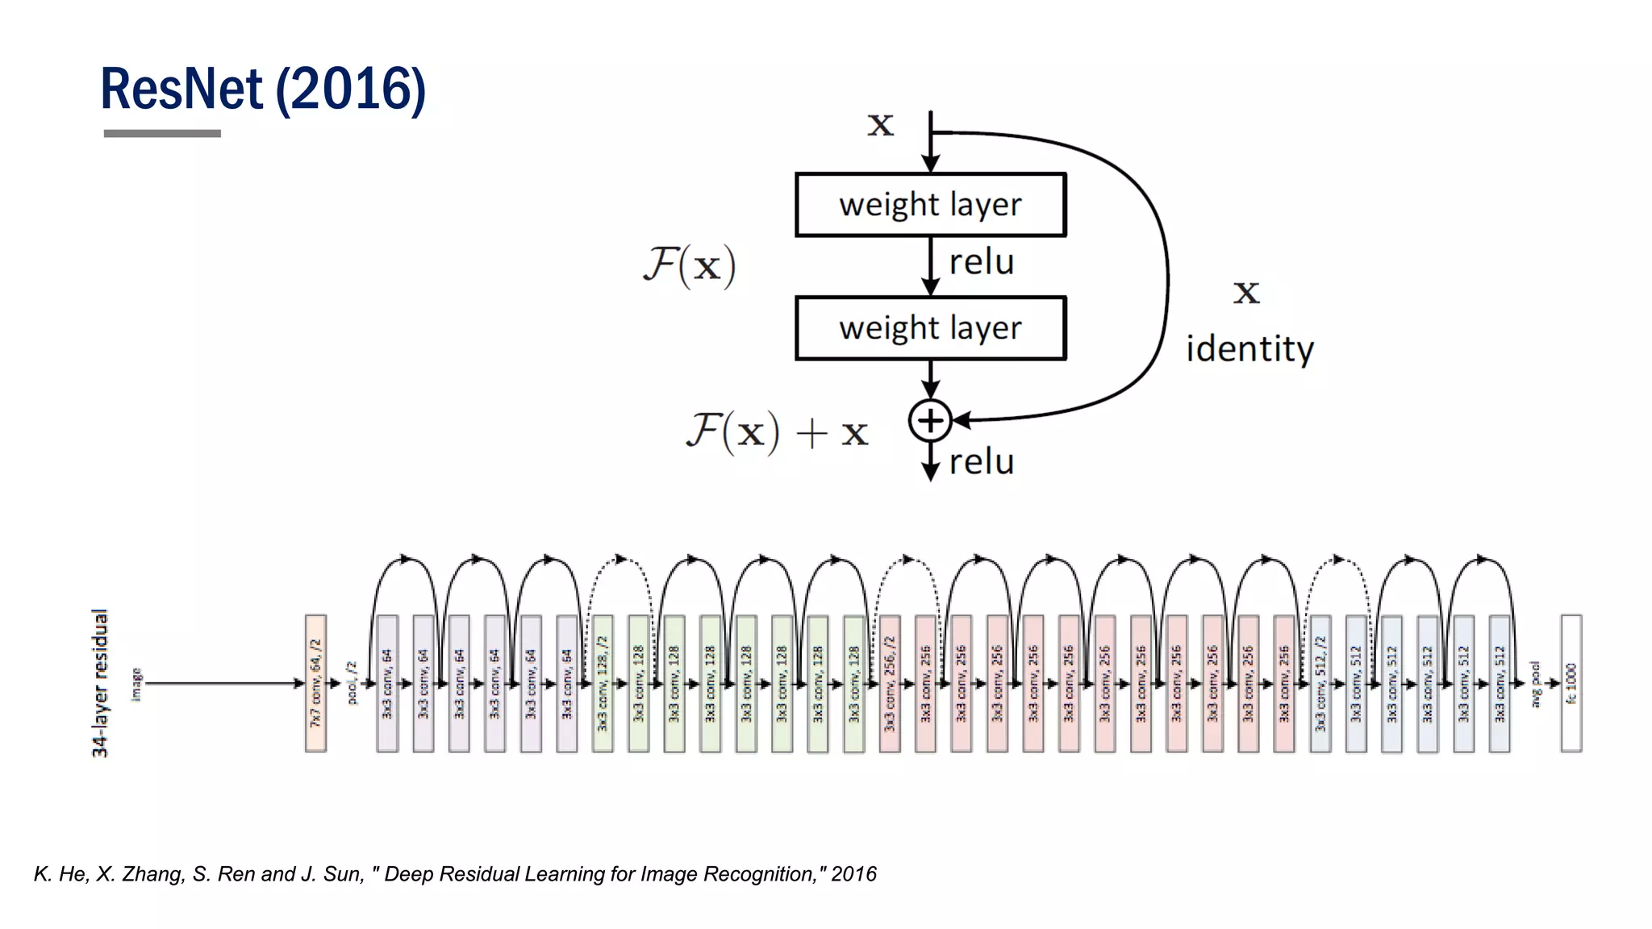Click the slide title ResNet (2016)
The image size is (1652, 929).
(x=263, y=89)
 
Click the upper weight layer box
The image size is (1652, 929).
(x=930, y=205)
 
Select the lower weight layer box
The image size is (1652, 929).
(x=930, y=328)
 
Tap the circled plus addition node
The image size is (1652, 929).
(x=930, y=420)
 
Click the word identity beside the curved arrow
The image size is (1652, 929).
(x=1249, y=349)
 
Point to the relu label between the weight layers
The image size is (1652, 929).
(x=981, y=263)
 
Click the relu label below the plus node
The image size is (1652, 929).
(x=981, y=463)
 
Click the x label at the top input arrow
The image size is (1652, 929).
(x=880, y=124)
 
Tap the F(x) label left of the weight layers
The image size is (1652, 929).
(x=690, y=265)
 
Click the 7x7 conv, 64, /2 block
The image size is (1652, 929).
(x=315, y=683)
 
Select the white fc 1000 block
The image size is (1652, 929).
(x=1571, y=683)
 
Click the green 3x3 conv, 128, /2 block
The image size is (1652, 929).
(x=603, y=683)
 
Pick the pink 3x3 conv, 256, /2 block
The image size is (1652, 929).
(x=890, y=683)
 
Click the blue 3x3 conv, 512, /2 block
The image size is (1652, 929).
(x=1320, y=683)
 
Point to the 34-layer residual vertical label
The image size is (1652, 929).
(x=100, y=683)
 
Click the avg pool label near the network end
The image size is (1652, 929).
(x=1535, y=684)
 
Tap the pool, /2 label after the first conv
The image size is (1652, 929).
(x=352, y=683)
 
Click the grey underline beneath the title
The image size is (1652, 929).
(x=162, y=134)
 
